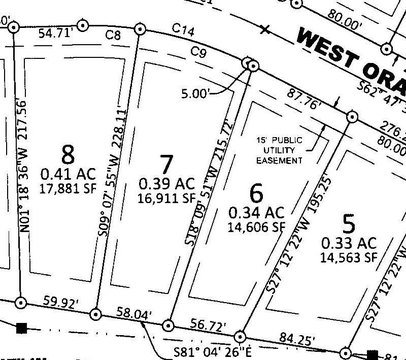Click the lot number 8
pos(68,155)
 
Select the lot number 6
pos(256,192)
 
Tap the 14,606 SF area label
pos(255,228)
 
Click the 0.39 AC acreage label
pos(166,183)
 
